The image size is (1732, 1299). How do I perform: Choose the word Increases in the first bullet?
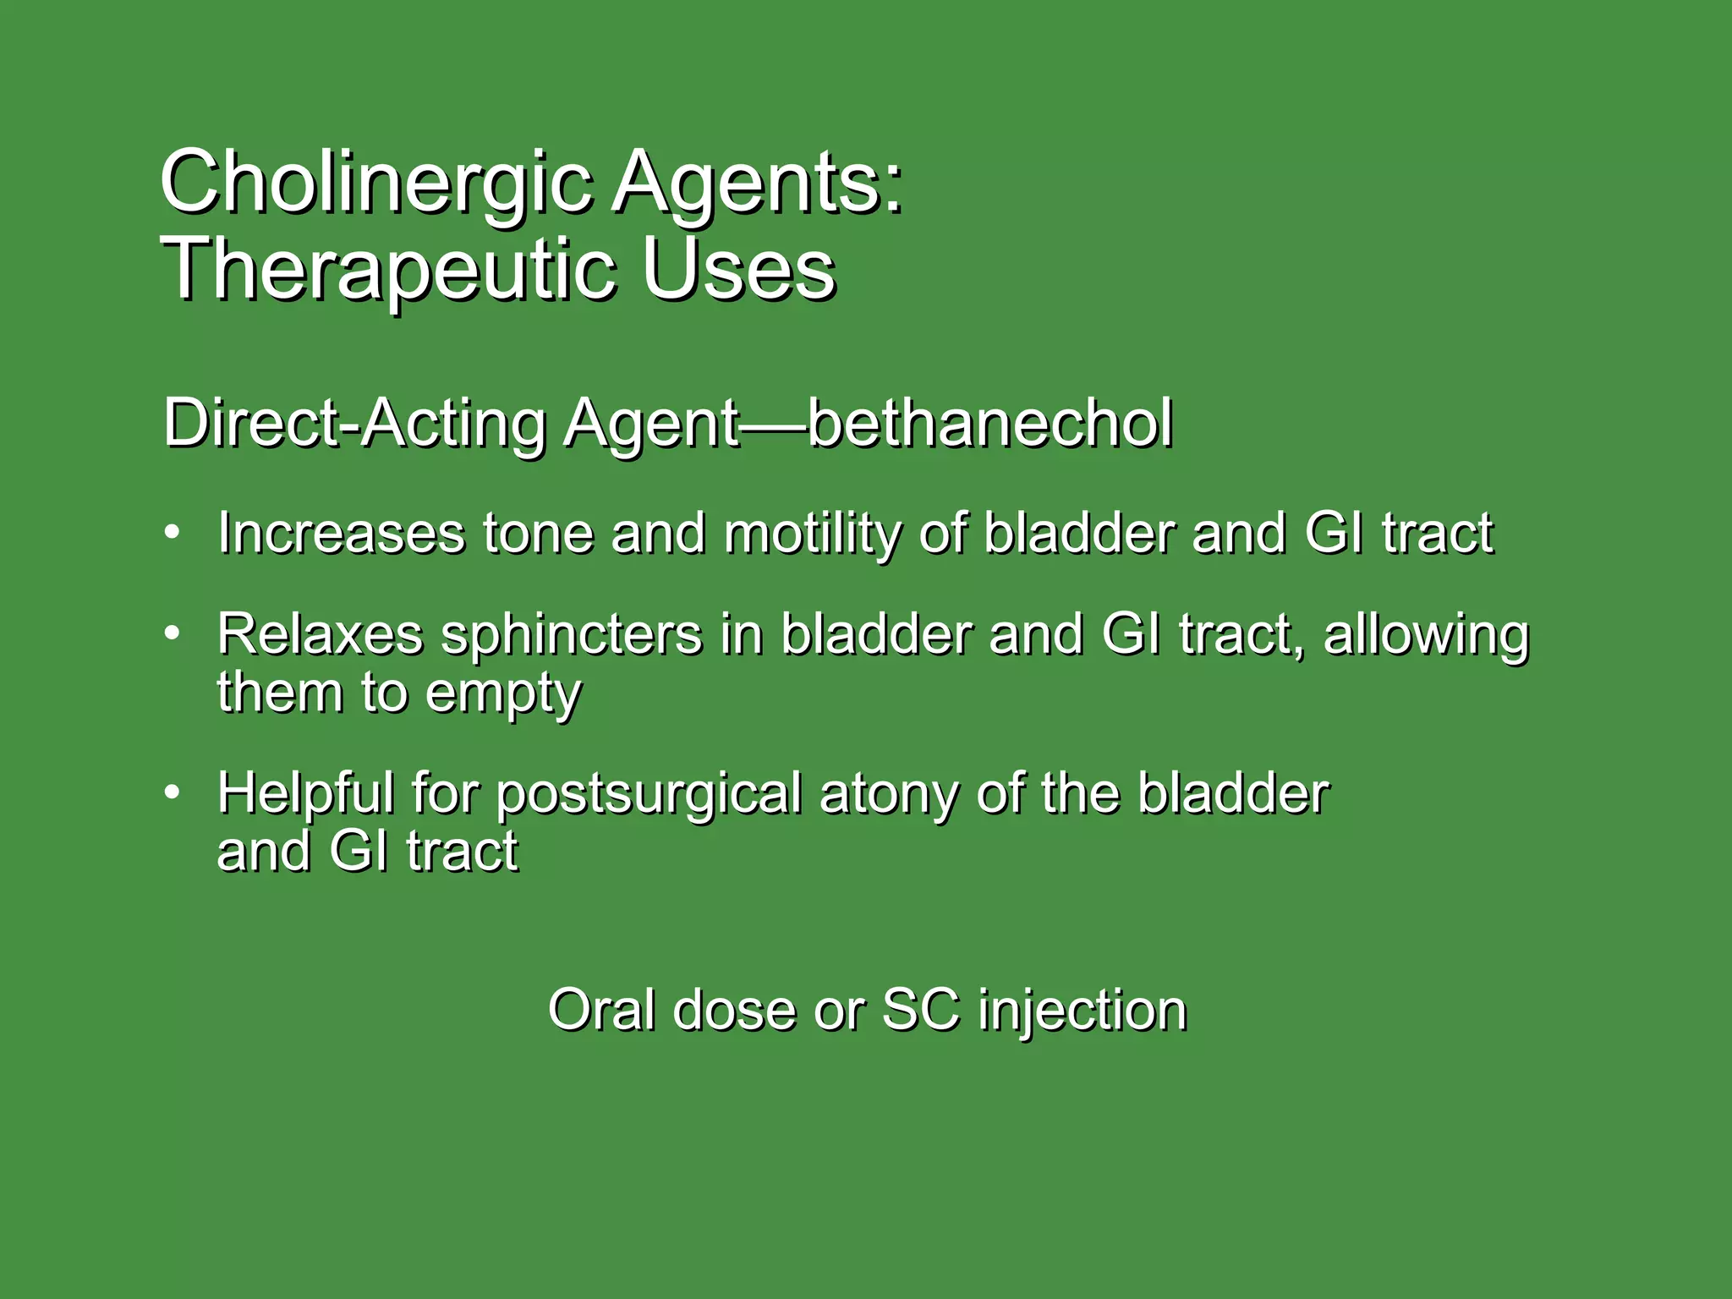pyautogui.click(x=341, y=534)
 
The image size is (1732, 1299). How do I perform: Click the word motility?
pyautogui.click(x=812, y=535)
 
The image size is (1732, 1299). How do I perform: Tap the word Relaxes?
pyautogui.click(x=320, y=634)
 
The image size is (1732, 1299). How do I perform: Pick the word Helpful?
pyautogui.click(x=305, y=794)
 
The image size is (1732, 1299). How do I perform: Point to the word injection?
pyautogui.click(x=1082, y=1011)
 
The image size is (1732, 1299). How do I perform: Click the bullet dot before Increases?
pyautogui.click(x=173, y=533)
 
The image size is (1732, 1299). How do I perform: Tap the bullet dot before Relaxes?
pyautogui.click(x=173, y=633)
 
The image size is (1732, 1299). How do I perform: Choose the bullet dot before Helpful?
pyautogui.click(x=173, y=792)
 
